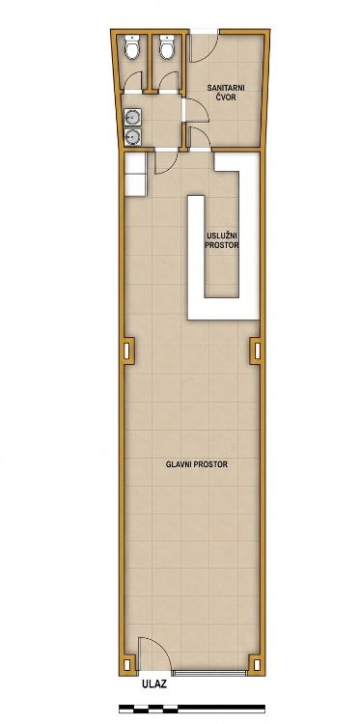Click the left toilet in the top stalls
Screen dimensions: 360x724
[x=132, y=46]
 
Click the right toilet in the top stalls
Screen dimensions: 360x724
[x=167, y=46]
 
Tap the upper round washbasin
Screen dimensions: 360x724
[x=133, y=117]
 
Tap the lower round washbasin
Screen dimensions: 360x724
[x=133, y=136]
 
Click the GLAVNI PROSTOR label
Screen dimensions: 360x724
[x=197, y=464]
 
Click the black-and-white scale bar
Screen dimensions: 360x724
[x=192, y=709]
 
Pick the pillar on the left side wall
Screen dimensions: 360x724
[x=127, y=351]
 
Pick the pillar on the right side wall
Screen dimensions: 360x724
[x=256, y=351]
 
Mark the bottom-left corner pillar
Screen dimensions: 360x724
[x=127, y=665]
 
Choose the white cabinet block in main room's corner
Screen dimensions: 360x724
[x=136, y=174]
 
